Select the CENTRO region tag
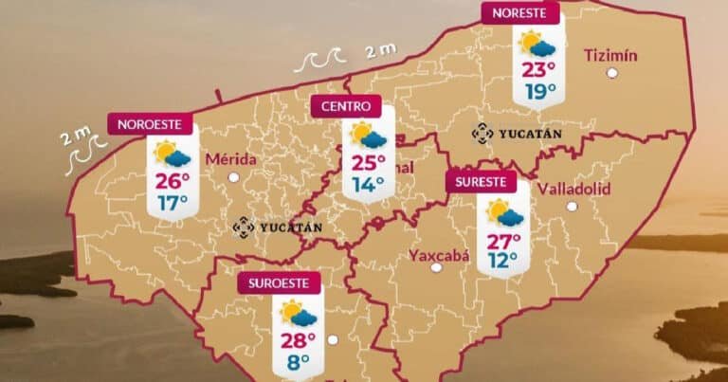coord(346,106)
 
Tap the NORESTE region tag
coord(519,12)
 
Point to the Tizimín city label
coord(610,54)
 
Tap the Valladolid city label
coord(573,189)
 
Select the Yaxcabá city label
coord(439,254)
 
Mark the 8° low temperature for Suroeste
coord(300,360)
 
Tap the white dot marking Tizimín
coord(612,72)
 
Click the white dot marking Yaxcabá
coord(436,267)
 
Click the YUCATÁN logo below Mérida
coord(279,227)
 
